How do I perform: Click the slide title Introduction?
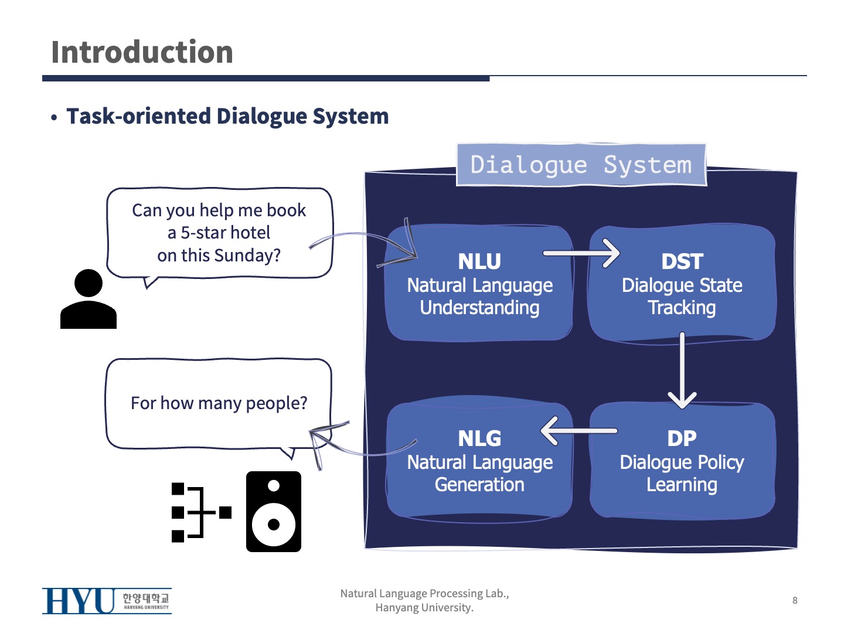coord(142,52)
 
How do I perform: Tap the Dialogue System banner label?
coord(581,165)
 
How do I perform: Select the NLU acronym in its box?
coord(479,261)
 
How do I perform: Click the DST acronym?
coord(682,261)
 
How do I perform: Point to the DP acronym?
coord(682,438)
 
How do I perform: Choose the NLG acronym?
coord(479,438)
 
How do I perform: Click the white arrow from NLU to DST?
coord(581,253)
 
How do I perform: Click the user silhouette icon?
coord(89,299)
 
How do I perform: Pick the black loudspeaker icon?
coord(274,512)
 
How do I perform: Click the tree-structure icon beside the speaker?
coord(200,512)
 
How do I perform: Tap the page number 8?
coord(795,600)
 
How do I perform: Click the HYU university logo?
coord(107,601)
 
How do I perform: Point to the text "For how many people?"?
coord(219,403)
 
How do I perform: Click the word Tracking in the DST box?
coord(682,308)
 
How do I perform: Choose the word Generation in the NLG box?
coord(479,485)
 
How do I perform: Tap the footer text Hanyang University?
coord(424,608)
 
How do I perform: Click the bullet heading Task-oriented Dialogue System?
coord(227,116)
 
